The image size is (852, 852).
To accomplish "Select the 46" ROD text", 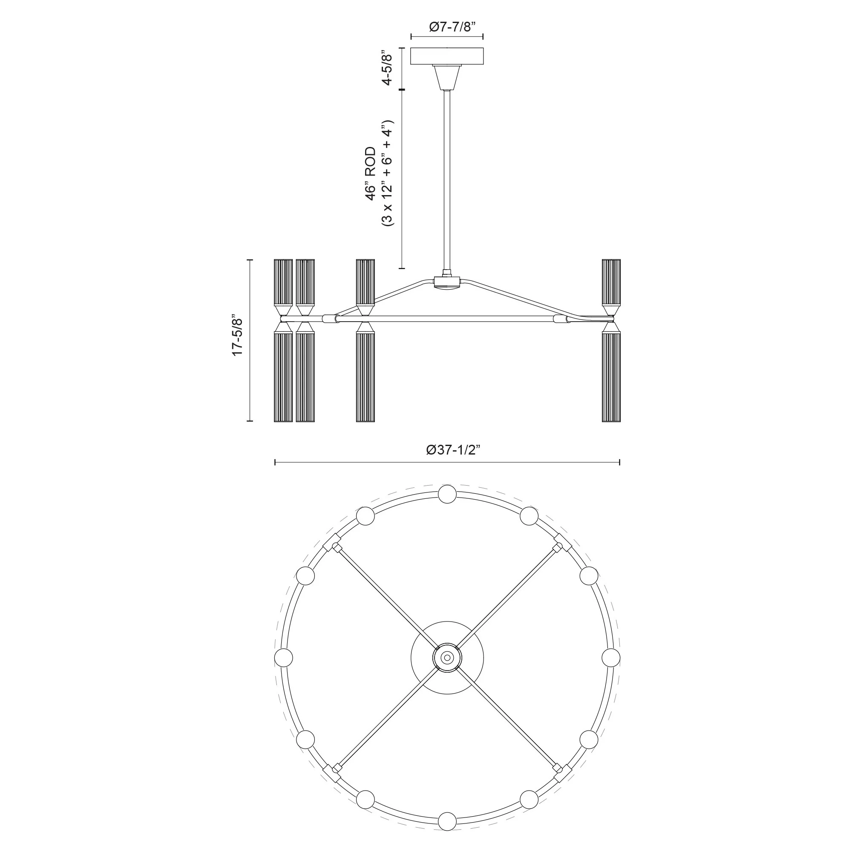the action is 371,174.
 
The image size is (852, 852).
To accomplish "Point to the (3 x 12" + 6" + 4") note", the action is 387,173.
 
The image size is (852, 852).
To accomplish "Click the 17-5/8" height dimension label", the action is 237,335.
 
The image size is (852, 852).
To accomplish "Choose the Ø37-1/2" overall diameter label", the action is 453,450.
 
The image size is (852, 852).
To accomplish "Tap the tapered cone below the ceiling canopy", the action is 447,76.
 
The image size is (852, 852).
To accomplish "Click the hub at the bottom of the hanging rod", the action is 447,282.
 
